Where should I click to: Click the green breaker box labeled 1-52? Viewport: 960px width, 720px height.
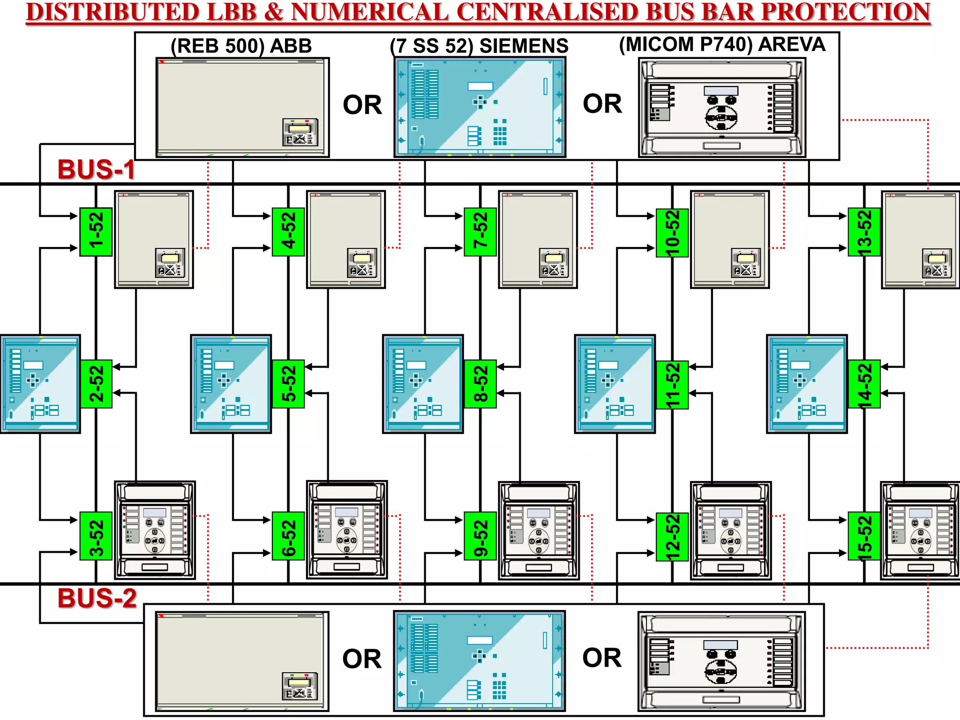click(96, 232)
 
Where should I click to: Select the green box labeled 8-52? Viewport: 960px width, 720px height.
click(480, 384)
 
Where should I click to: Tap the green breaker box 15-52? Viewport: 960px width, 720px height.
click(864, 537)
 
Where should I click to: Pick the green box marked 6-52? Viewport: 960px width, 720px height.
click(288, 536)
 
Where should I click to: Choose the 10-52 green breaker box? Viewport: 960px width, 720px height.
click(672, 232)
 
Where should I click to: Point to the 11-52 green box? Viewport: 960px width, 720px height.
click(672, 385)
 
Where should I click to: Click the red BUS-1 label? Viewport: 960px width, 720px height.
click(96, 170)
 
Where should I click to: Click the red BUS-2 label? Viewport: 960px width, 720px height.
click(97, 599)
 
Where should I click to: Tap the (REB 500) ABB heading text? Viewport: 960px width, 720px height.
click(241, 46)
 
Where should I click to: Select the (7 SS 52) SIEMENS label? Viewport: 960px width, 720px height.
click(479, 46)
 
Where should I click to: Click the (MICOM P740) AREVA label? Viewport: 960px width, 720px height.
click(722, 45)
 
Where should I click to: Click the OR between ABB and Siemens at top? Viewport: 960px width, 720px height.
click(362, 105)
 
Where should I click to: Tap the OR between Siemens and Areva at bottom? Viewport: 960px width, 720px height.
click(602, 658)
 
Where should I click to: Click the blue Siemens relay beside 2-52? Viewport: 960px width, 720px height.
click(40, 384)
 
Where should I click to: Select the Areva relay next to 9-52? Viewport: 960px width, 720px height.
click(539, 531)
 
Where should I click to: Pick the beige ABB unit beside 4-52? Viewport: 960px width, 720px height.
click(346, 239)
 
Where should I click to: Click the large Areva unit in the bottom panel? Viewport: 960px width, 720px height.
click(721, 661)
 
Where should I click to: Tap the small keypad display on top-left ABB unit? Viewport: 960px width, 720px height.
click(300, 132)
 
